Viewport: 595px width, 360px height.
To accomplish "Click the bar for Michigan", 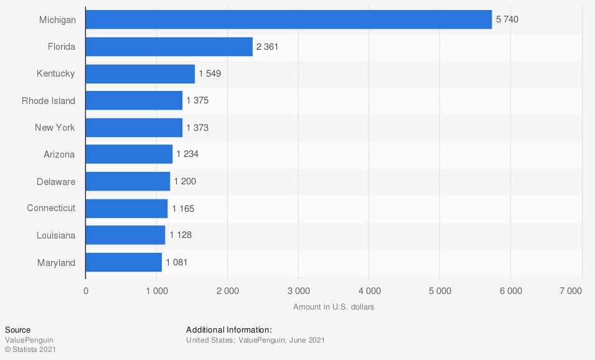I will click(288, 19).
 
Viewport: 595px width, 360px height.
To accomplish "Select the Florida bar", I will click(169, 47).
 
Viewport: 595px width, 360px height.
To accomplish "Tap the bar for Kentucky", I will click(140, 73).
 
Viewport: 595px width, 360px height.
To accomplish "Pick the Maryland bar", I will click(123, 262).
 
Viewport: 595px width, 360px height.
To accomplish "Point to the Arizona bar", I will click(129, 154).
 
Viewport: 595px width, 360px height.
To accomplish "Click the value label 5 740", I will click(507, 19).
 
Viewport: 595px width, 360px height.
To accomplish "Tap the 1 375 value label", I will click(197, 101).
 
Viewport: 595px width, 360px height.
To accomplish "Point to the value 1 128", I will click(180, 235).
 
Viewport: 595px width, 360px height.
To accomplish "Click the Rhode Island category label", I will click(48, 101).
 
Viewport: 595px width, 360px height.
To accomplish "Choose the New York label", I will click(55, 128).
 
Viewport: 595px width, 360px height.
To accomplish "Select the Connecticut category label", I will click(51, 208).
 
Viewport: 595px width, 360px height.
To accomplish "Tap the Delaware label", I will click(56, 182).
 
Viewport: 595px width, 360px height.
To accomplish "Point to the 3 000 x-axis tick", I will click(298, 291).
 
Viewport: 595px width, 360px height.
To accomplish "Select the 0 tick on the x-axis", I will click(86, 291).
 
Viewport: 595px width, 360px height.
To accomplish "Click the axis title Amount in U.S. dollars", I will click(334, 307).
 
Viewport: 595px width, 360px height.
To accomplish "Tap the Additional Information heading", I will click(229, 329).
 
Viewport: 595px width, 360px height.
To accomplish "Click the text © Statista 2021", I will click(30, 350).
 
